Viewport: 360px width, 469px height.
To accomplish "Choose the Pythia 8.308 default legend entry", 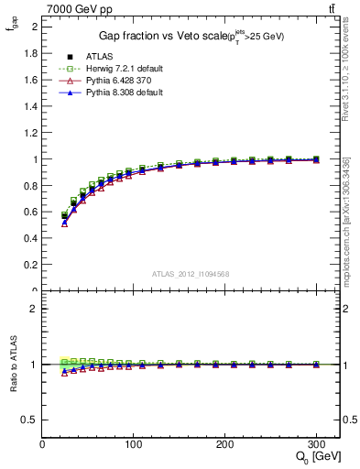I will [x=122, y=93].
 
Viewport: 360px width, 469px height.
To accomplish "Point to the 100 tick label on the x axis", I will [x=134, y=444].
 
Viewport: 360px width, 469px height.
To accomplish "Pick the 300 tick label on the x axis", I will [x=316, y=444].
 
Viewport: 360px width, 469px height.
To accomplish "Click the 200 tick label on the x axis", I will [x=225, y=444].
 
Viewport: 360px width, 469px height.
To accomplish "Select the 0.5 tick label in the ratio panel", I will [x=31, y=420].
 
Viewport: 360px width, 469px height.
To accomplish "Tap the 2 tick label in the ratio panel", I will [x=35, y=309].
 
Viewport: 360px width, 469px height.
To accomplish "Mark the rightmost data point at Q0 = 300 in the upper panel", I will [x=316, y=159].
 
